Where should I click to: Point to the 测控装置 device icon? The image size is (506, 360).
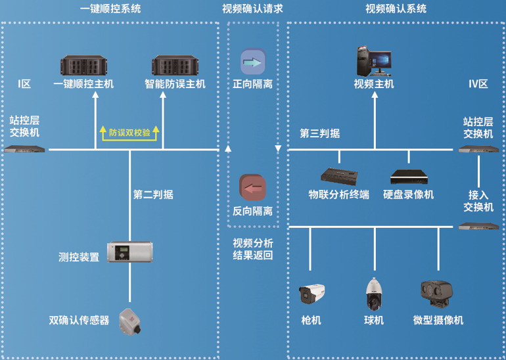coord(129,253)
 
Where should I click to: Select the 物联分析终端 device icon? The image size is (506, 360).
coord(339,176)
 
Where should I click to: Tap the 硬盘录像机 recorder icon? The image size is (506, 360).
coord(409,177)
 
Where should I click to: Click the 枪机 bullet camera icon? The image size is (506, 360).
coord(311,294)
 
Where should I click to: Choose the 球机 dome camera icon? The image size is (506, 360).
coord(373,294)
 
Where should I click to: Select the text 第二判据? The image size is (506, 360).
coord(153,194)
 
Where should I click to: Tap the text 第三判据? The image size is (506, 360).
coord(320,133)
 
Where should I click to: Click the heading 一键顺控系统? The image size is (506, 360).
coord(110,9)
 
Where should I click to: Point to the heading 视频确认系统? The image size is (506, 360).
coord(396,9)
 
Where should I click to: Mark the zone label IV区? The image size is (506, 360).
coord(478,84)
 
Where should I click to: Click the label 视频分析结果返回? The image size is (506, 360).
coord(252,249)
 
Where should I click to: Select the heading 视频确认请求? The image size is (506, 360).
coord(252,9)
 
